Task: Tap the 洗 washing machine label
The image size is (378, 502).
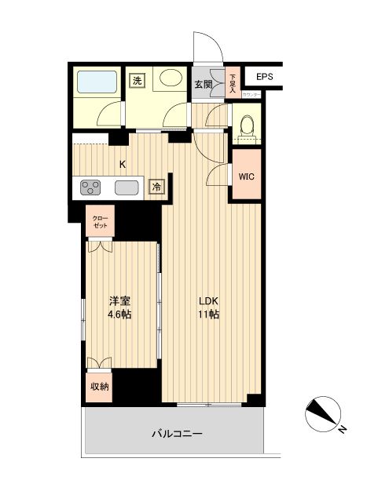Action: pos(138,80)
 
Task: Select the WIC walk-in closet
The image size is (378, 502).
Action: pos(247,176)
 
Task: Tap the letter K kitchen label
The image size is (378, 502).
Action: pos(122,165)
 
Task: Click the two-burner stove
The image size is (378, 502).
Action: pos(90,188)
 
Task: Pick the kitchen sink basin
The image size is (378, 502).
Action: pos(126,188)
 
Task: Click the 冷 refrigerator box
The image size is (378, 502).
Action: pos(156,187)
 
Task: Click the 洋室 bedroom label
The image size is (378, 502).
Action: pos(120,300)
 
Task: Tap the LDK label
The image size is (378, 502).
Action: pos(208,300)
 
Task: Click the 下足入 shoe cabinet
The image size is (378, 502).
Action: pos(233,82)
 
